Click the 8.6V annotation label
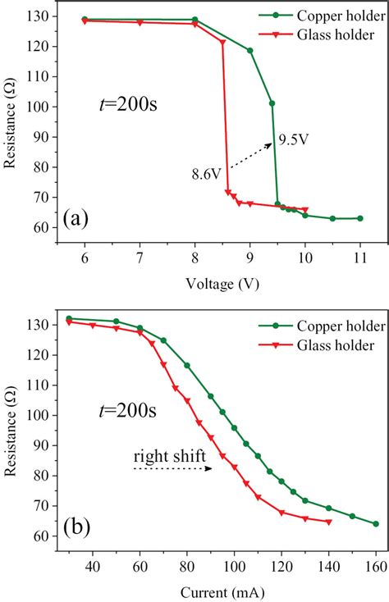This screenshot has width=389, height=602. click(x=205, y=174)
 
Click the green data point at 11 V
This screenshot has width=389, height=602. click(x=359, y=218)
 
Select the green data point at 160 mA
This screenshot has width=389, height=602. click(x=376, y=523)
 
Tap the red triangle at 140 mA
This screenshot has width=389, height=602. click(x=329, y=522)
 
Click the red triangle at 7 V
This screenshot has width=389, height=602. click(x=140, y=22)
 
